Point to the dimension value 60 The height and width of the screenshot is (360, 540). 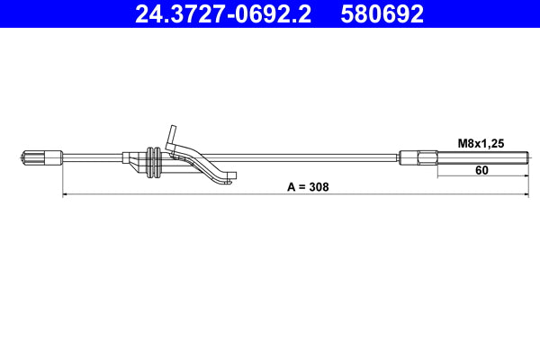coord(481,169)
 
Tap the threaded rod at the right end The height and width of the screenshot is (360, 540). coord(481,159)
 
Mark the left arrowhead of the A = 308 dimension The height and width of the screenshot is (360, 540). coord(65,194)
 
